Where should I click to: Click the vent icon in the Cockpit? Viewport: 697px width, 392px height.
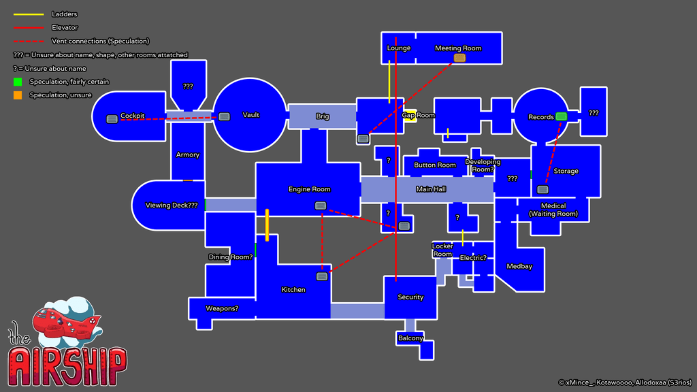click(x=112, y=119)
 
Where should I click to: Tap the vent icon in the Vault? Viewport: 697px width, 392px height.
click(x=224, y=116)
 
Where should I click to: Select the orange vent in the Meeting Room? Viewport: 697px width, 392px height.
click(x=459, y=58)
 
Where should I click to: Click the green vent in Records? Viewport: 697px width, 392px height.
click(x=561, y=116)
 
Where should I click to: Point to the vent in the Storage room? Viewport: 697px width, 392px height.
click(x=542, y=189)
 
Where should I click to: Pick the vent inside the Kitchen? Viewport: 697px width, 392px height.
click(x=322, y=276)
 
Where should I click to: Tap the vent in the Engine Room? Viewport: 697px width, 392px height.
click(x=320, y=206)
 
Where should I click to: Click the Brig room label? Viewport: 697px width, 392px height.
click(x=323, y=116)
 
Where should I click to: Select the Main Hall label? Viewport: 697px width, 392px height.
click(x=431, y=189)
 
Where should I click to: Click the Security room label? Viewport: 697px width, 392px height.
click(x=410, y=297)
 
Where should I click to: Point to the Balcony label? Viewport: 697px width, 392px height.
click(x=410, y=338)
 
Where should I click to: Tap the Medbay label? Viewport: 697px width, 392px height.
click(x=519, y=266)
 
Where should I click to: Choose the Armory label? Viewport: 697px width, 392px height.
click(x=188, y=154)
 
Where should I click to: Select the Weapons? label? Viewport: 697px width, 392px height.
click(x=222, y=308)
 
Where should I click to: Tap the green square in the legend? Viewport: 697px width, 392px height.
click(x=17, y=82)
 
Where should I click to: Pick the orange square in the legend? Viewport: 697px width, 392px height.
click(x=17, y=95)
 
